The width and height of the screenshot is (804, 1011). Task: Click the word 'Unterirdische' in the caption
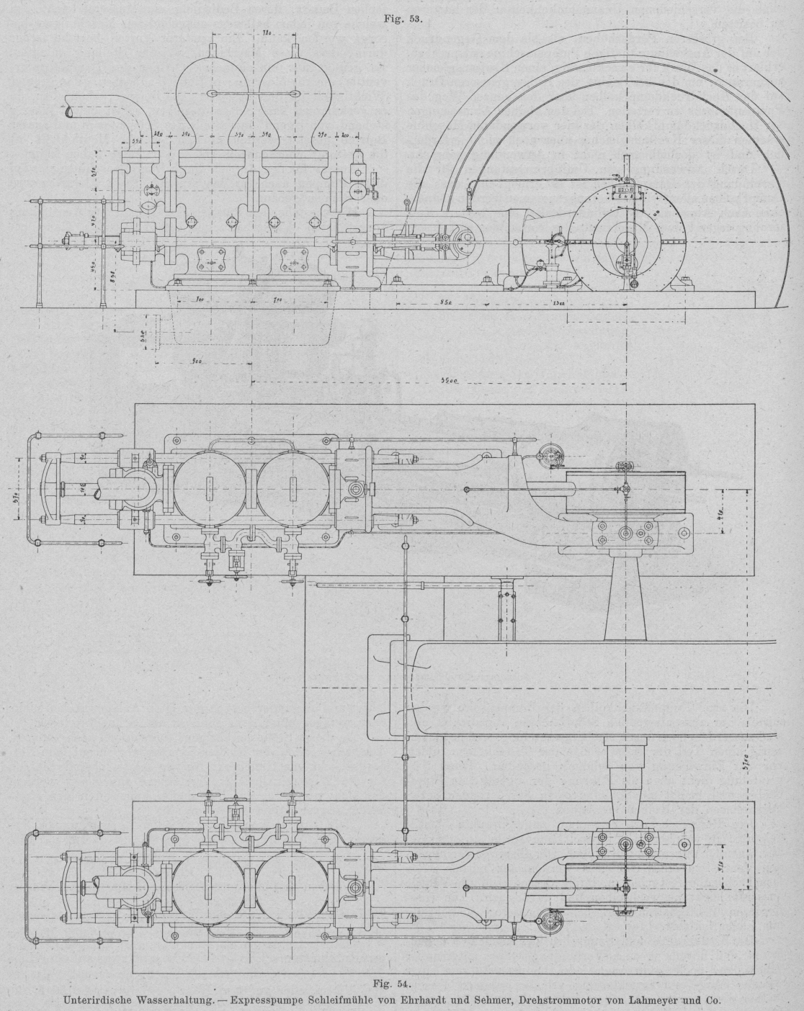(x=103, y=999)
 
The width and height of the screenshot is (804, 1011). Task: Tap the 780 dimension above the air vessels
(x=266, y=34)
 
